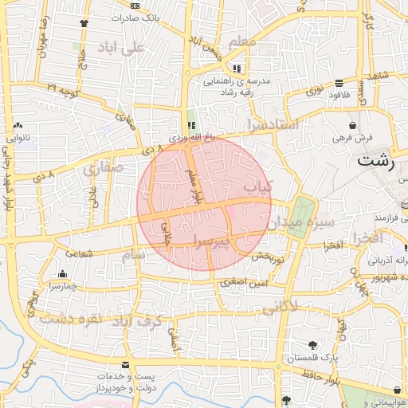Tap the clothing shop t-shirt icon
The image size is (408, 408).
[x=84, y=22]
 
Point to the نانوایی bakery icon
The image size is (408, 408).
[x=18, y=125]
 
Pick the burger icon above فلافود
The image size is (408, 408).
[x=339, y=83]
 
